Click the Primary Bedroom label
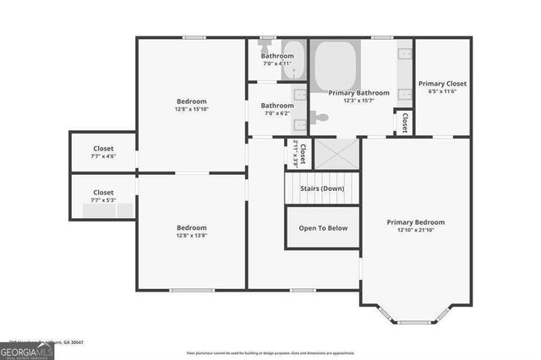[415, 222]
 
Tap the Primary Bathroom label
[359, 93]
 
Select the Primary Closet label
[442, 84]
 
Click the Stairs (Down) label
[322, 188]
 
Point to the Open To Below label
[323, 227]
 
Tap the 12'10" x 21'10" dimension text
[415, 230]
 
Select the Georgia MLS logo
[27, 350]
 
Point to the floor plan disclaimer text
[270, 352]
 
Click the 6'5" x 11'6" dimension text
[442, 91]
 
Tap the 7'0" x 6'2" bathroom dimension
[276, 113]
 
